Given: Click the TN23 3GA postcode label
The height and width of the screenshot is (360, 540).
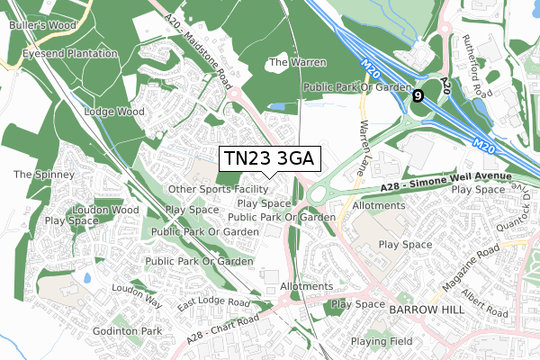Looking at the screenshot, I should point(268,159).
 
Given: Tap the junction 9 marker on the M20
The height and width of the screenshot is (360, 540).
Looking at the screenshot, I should point(418,94).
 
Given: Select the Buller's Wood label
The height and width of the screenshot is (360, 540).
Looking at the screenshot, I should point(40,24).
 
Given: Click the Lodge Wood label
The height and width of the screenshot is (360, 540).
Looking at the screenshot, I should point(113,112).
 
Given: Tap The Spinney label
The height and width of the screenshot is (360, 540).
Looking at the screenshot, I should point(36,173).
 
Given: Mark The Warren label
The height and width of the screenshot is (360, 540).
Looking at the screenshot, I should point(298,63).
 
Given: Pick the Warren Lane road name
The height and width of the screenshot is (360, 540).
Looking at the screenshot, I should point(365,136).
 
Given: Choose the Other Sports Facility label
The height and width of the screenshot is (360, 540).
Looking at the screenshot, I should point(218,190).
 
